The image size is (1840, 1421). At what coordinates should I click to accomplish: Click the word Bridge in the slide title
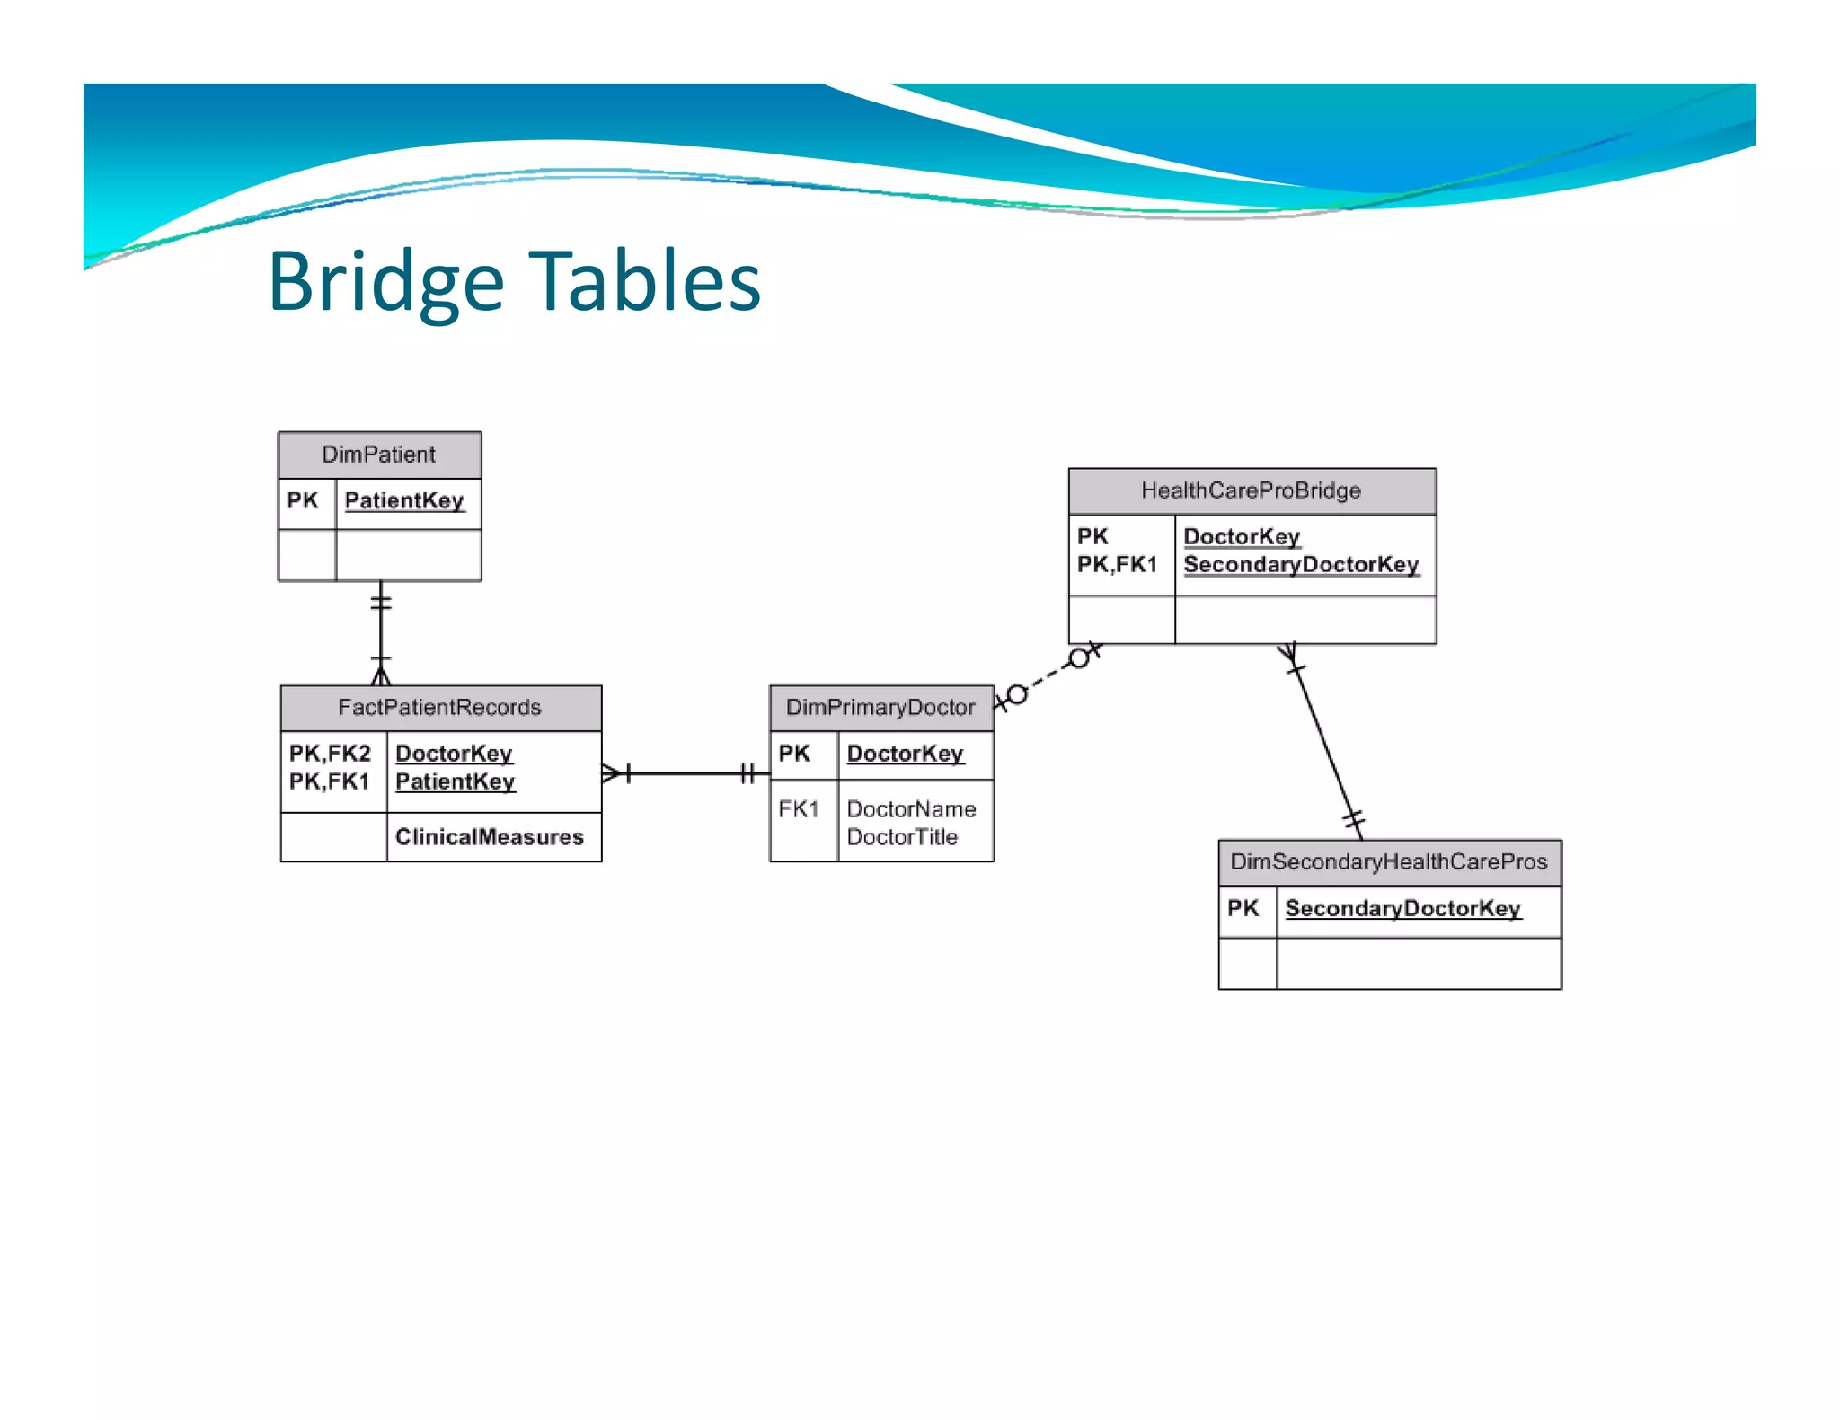point(385,282)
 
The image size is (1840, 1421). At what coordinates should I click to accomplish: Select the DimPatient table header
point(379,455)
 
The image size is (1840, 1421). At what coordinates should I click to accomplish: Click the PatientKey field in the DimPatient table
point(404,500)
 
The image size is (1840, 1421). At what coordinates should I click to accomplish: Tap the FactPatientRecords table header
point(439,708)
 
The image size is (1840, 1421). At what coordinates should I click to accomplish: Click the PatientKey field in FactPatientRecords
point(455,781)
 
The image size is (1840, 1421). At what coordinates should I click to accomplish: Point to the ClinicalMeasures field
point(490,837)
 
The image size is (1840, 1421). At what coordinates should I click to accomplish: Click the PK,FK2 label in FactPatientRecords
point(330,753)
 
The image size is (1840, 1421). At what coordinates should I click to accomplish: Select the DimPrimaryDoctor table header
point(880,708)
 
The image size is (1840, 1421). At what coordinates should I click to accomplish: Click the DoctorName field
point(911,809)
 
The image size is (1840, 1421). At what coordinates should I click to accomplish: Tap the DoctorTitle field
point(902,837)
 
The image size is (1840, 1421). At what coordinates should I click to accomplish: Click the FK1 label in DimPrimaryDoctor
point(799,809)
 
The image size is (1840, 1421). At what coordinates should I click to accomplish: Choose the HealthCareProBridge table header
point(1251,490)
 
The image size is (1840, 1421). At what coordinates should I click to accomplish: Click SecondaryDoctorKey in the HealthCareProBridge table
point(1301,565)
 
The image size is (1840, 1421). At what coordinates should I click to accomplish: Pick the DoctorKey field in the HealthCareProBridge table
point(1242,536)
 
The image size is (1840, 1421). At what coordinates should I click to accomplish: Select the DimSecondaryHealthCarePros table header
point(1389,862)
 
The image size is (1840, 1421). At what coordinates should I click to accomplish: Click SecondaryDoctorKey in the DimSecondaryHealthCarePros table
point(1402,908)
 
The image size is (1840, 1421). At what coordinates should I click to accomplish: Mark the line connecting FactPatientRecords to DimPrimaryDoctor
point(687,773)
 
